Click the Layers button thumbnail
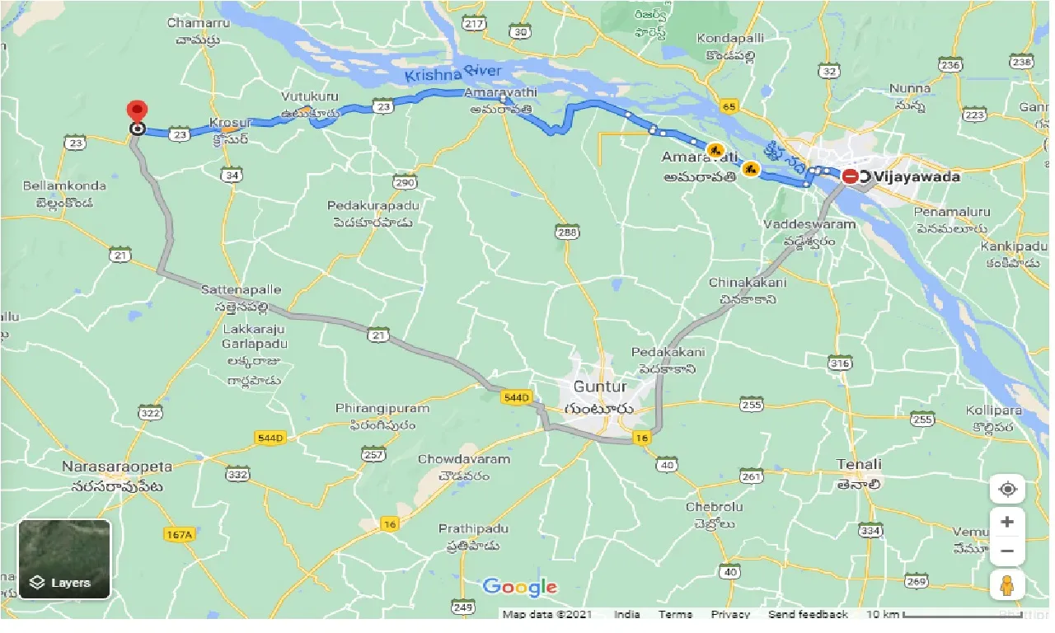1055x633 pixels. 64,559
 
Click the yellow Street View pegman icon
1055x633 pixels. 1006,585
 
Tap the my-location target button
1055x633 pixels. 1006,490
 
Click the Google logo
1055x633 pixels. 519,587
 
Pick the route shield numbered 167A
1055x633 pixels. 179,535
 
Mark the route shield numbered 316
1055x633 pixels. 840,363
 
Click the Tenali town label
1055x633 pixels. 859,464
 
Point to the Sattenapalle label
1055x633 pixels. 241,290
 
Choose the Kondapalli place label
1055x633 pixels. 729,39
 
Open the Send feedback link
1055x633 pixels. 807,614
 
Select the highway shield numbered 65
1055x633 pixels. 728,105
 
